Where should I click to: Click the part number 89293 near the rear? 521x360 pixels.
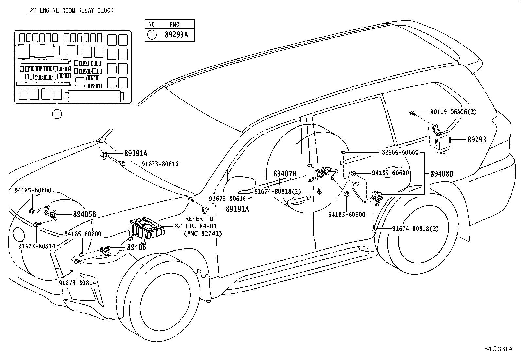pos(476,140)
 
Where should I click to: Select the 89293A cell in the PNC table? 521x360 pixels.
pos(176,35)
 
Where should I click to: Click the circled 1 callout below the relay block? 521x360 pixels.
pos(57,114)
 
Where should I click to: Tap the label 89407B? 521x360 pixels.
pos(285,174)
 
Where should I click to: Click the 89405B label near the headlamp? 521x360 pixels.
pos(84,214)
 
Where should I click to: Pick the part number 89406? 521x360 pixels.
pos(136,248)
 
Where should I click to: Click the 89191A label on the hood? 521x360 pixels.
pos(135,153)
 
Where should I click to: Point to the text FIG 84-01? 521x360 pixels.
pos(201,226)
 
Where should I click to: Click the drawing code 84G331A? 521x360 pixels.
pos(498,349)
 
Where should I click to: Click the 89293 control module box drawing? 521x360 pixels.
pos(440,141)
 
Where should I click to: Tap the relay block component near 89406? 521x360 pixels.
pos(146,230)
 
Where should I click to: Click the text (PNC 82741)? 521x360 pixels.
pos(203,233)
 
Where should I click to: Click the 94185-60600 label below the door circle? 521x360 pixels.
pos(347,214)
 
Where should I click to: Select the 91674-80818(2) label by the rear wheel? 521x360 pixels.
pos(415,229)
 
